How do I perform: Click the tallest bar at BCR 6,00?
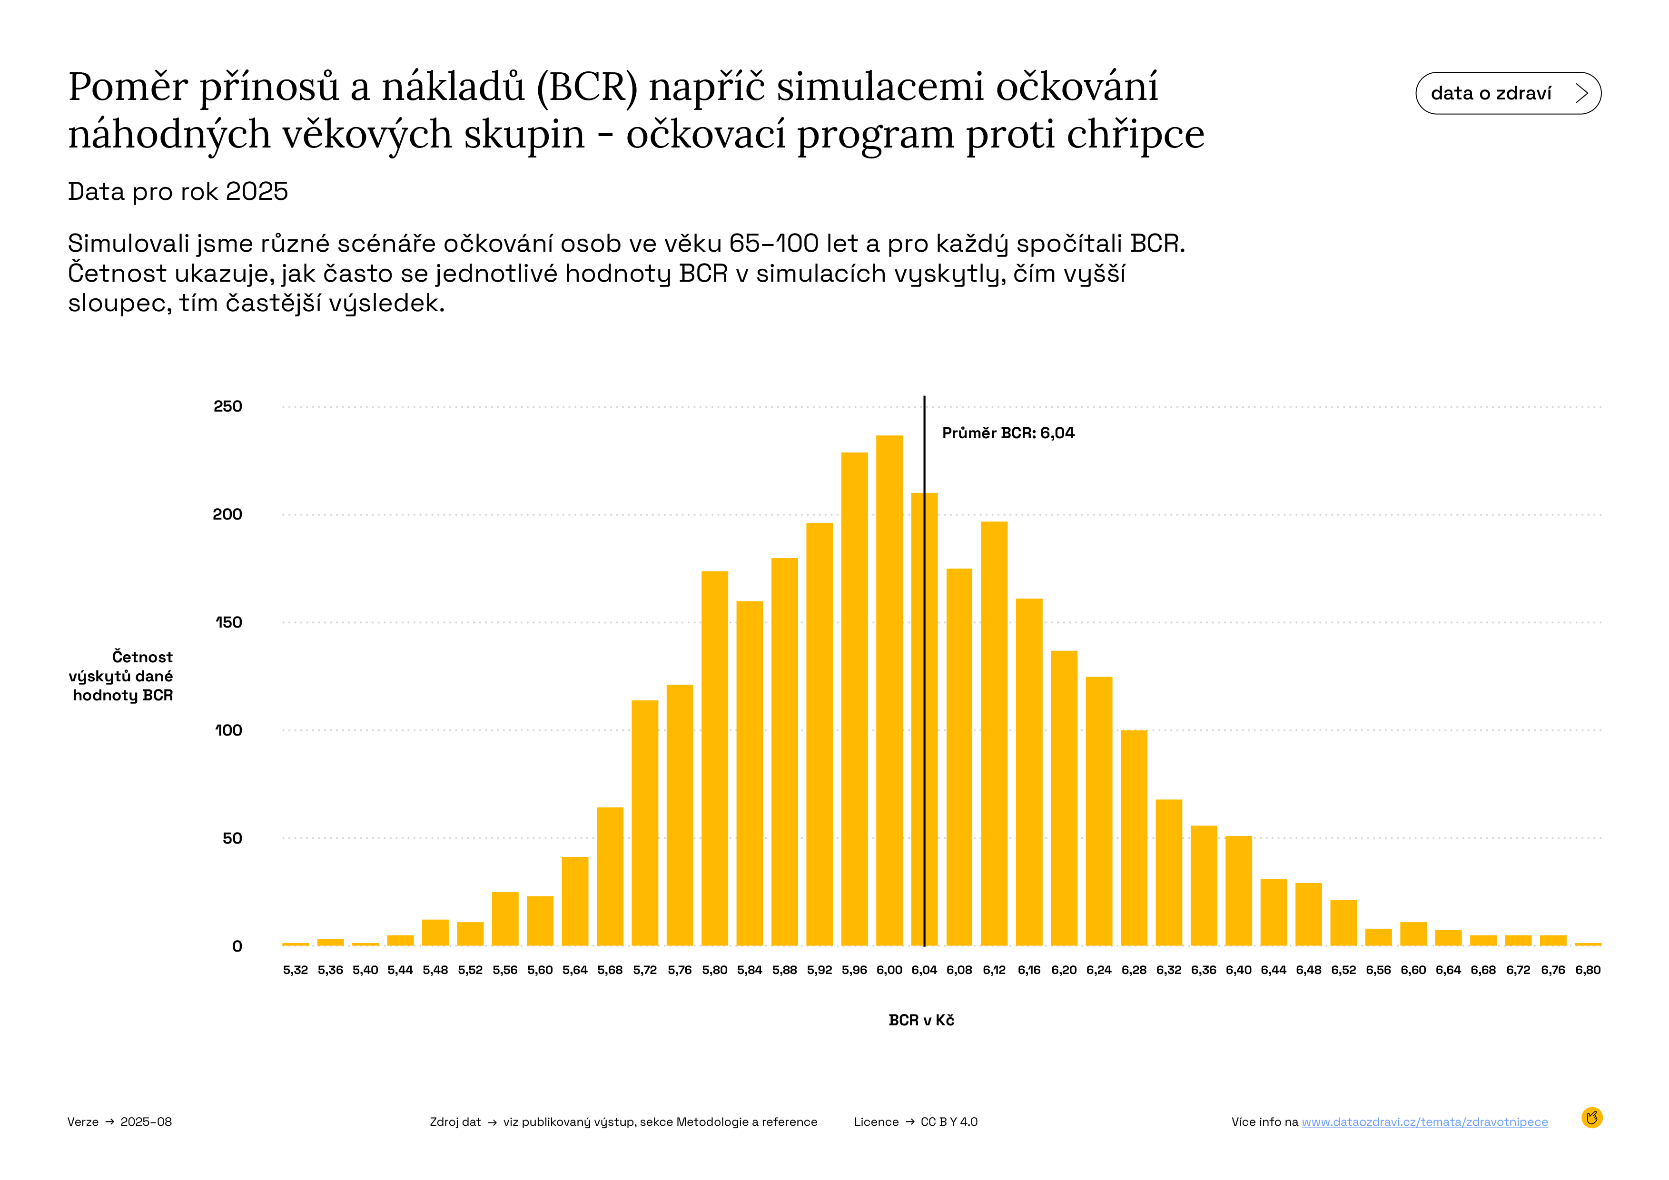tap(889, 690)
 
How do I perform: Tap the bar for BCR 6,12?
tap(994, 733)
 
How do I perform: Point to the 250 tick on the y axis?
tap(227, 406)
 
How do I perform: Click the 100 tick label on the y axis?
tap(228, 730)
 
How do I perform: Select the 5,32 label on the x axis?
tap(295, 970)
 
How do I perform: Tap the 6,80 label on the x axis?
tap(1588, 970)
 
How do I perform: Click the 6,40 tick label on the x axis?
tap(1239, 970)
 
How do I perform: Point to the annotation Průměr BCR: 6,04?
tap(1007, 433)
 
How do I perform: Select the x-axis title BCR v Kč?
tap(921, 1020)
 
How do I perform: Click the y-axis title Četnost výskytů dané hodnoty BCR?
tap(121, 676)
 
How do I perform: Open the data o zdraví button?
tap(1508, 93)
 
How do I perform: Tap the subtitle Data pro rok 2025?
tap(178, 191)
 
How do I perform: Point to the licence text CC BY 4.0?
tap(948, 1122)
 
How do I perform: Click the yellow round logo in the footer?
tap(1592, 1118)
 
